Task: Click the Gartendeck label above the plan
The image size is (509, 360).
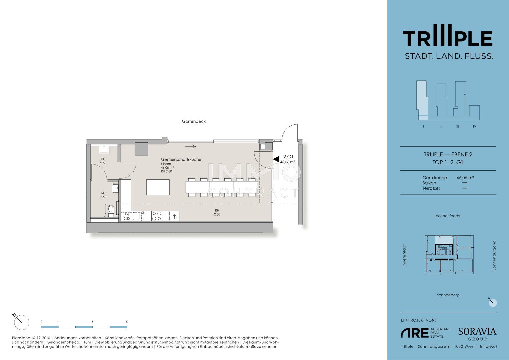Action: (194, 121)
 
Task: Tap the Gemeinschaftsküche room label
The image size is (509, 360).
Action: (181, 159)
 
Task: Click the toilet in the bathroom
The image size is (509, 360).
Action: (111, 211)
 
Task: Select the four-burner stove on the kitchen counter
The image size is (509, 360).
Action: (157, 216)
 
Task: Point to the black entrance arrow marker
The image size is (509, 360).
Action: (276, 159)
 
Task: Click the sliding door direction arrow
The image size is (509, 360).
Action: (190, 147)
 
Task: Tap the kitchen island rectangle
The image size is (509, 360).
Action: (158, 187)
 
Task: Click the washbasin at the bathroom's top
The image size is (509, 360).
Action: (104, 150)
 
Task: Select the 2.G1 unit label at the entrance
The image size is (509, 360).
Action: (288, 157)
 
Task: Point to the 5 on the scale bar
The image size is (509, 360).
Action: (127, 322)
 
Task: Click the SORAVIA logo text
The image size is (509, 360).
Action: (477, 332)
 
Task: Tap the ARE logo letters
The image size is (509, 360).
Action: (414, 333)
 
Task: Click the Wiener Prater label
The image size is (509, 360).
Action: (448, 216)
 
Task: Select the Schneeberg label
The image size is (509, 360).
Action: (448, 295)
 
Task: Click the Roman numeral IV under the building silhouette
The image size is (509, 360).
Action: (474, 127)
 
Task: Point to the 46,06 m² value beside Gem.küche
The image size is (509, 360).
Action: (465, 178)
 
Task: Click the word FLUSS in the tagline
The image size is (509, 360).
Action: (479, 56)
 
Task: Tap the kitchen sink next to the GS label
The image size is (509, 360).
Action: (136, 216)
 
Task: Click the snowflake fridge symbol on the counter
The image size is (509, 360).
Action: (175, 216)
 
